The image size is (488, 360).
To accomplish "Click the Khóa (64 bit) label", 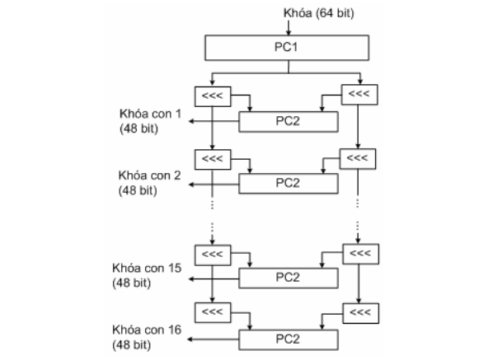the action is tap(319, 13).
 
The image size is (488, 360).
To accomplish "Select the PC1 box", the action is tap(287, 48).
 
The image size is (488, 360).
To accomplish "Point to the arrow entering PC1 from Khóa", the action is tap(289, 28).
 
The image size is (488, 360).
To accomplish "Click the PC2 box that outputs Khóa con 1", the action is tap(289, 122).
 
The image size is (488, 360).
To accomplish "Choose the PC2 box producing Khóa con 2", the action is tap(289, 184).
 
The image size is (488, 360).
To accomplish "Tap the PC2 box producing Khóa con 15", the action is tap(289, 278).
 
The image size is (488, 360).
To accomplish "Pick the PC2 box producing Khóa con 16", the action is tap(289, 339).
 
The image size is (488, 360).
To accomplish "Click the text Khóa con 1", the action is tap(150, 114).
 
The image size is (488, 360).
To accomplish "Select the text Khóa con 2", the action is tap(150, 175).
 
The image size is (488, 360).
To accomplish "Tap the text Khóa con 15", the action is tap(147, 268).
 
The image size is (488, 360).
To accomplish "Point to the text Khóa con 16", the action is tap(147, 330).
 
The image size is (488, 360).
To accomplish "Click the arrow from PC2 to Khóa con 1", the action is tap(213, 121).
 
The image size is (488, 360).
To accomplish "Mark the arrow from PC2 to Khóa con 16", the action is tap(213, 339).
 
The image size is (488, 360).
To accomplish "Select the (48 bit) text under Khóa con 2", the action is tap(138, 190).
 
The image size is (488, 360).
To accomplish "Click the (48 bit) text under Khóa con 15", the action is tap(132, 283).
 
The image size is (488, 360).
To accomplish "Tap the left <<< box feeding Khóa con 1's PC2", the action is tap(213, 96).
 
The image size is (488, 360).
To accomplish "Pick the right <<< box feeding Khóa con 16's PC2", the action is tap(361, 313).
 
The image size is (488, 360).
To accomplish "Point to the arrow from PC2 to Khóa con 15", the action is tap(213, 278).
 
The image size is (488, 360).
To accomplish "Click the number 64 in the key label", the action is tap(326, 13).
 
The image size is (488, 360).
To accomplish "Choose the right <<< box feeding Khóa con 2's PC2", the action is tap(358, 159).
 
